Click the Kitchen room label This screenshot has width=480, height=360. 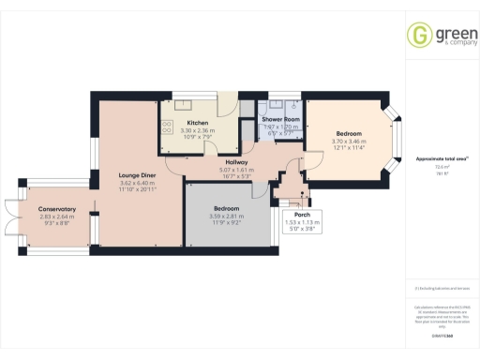pyautogui.click(x=197, y=123)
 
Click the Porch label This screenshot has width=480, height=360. pyautogui.click(x=302, y=214)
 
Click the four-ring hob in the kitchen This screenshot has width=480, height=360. pyautogui.click(x=169, y=132)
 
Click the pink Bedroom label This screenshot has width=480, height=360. pyautogui.click(x=348, y=133)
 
